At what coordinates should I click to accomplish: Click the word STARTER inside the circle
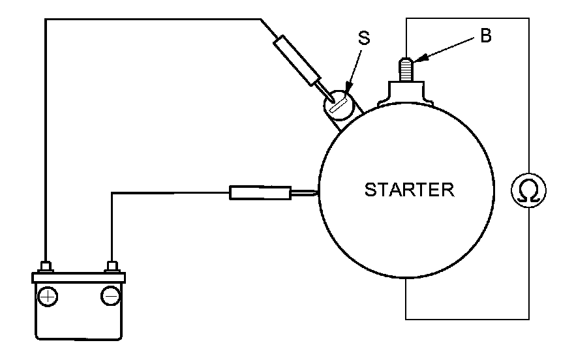pos(409,190)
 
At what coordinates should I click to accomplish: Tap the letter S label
pos(364,38)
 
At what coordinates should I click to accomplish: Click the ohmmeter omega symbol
pos(528,190)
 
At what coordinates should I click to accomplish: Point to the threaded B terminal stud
pos(406,68)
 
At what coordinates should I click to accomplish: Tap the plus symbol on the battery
pos(47,297)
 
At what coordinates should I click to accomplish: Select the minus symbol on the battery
pos(110,297)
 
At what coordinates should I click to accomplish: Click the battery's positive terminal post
pos(46,267)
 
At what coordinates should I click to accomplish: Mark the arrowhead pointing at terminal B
pos(419,59)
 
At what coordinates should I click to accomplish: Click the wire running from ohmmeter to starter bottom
pos(457,319)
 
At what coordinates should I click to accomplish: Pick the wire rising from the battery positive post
pos(46,130)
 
